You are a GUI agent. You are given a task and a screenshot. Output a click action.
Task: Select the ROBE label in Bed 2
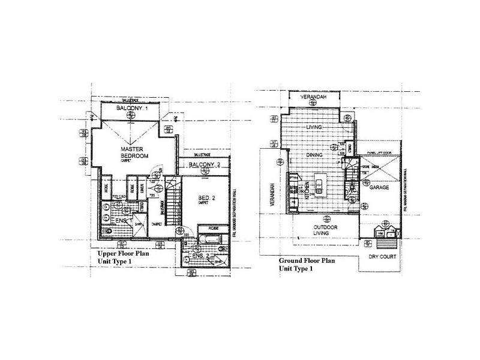click(x=214, y=229)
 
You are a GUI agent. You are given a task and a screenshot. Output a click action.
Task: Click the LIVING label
click(x=314, y=127)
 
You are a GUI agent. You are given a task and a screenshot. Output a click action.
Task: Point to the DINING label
click(x=315, y=155)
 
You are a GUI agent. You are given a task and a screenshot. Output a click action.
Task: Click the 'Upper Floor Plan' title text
click(x=122, y=254)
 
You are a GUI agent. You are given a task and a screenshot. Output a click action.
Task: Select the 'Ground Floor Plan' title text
click(x=307, y=261)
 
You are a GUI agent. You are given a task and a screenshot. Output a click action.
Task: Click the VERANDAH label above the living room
click(x=313, y=97)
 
